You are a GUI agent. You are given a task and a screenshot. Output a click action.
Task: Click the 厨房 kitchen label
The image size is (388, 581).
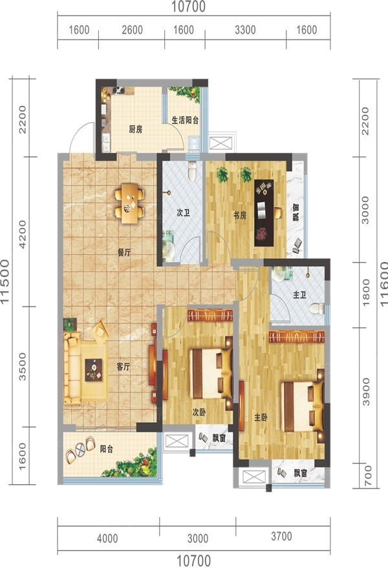pyautogui.click(x=136, y=129)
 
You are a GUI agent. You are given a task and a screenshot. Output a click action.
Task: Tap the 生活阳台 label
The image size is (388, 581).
pyautogui.click(x=185, y=120)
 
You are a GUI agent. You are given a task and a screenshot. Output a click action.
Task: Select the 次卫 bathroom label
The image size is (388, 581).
pyautogui.click(x=183, y=213)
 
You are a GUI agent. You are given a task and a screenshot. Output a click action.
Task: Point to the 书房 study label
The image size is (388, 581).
pyautogui.click(x=239, y=215)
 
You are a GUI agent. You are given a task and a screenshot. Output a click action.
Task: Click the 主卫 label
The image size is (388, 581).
pyautogui.click(x=299, y=295)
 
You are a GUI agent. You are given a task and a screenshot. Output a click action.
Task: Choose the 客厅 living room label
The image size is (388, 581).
pyautogui.click(x=124, y=367)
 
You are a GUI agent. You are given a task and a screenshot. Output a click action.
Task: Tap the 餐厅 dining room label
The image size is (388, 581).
pyautogui.click(x=124, y=253)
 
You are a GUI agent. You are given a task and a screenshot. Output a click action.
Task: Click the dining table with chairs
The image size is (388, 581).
pyautogui.click(x=129, y=203)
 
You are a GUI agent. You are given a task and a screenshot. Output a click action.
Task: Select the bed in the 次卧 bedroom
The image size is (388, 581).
pyautogui.click(x=211, y=373)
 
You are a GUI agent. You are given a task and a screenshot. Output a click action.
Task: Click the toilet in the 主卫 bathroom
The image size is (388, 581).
pyautogui.click(x=317, y=309)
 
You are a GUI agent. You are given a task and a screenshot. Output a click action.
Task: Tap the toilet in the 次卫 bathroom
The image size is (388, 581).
pyautogui.click(x=192, y=172)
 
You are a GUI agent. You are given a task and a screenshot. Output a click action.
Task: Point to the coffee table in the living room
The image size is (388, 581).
pyautogui.click(x=94, y=370)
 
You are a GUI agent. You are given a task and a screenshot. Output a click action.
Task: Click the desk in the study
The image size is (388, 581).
pyautogui.click(x=264, y=213)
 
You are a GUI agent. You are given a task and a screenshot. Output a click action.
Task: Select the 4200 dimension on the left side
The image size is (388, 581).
pyautogui.click(x=23, y=234)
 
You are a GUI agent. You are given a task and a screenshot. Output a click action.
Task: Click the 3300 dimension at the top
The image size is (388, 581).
pyautogui.click(x=245, y=30)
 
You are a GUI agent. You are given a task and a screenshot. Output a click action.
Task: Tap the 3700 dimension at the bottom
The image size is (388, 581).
pyautogui.click(x=281, y=536)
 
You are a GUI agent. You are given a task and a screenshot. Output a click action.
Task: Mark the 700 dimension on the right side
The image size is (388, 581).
pyautogui.click(x=367, y=476)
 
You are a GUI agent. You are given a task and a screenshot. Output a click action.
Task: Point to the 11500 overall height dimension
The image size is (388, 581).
pyautogui.click(x=5, y=281)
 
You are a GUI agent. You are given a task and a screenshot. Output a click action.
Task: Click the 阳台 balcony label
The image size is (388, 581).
pyautogui.click(x=107, y=449)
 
